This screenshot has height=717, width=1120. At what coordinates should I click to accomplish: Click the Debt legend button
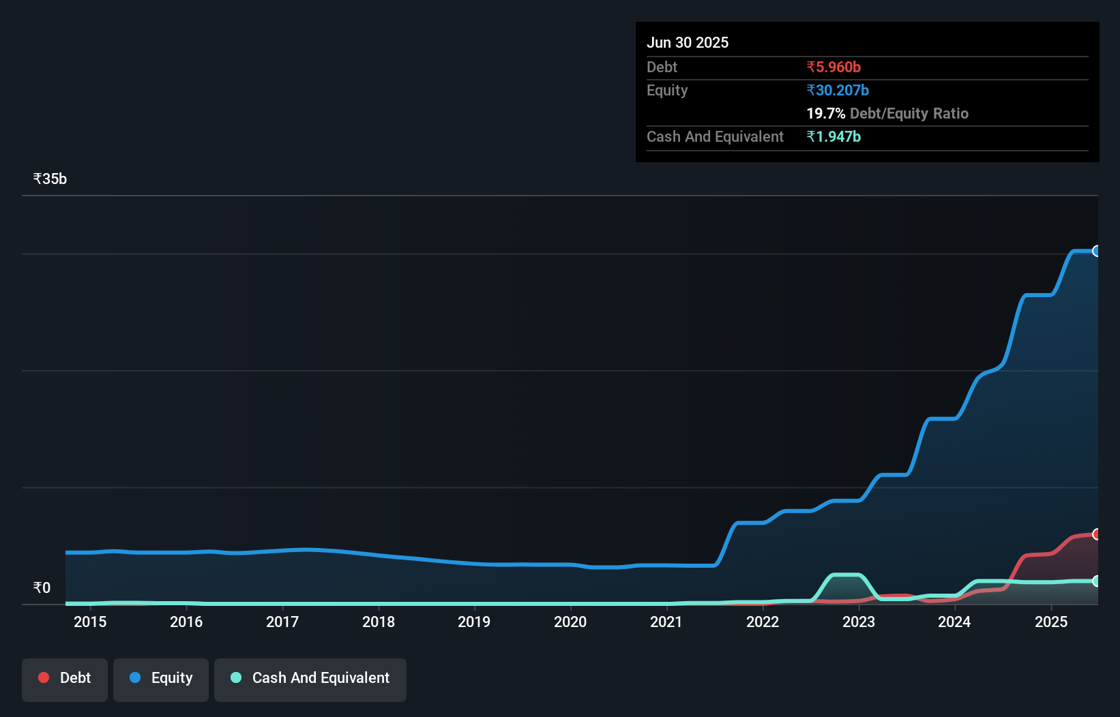[x=65, y=678]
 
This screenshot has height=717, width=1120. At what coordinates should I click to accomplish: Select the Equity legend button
[x=161, y=678]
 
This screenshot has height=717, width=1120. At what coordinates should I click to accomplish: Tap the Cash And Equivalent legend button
[x=310, y=678]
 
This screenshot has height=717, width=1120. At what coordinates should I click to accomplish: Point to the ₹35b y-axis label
[x=50, y=179]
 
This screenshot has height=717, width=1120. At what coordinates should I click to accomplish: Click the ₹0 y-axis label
[x=42, y=588]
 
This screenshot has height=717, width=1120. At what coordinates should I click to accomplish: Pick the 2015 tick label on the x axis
[x=90, y=622]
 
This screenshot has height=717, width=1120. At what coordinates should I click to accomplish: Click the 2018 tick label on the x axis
[x=379, y=622]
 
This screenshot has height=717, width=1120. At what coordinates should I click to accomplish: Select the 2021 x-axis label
[x=666, y=622]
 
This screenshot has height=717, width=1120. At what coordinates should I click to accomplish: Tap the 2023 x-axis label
[x=859, y=622]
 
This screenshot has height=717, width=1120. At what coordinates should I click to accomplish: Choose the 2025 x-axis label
[x=1051, y=622]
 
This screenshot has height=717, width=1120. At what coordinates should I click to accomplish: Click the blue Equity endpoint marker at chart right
[x=1096, y=251]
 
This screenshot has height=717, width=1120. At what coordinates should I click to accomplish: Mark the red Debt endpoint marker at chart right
[x=1096, y=534]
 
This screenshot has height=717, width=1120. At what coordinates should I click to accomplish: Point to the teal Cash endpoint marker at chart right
[x=1096, y=581]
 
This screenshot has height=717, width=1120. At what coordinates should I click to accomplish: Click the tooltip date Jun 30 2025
[x=688, y=43]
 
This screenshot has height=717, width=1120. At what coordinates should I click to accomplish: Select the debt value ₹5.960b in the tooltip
[x=834, y=67]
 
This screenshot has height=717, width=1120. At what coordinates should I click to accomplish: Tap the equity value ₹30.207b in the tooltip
[x=838, y=91]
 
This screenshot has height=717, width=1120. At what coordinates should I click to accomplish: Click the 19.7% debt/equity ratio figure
[x=825, y=114]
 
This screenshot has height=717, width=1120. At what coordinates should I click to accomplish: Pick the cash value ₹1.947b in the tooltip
[x=834, y=137]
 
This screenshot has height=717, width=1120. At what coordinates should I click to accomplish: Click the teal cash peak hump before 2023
[x=846, y=575]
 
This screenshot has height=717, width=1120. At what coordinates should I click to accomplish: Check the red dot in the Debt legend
[x=44, y=677]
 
